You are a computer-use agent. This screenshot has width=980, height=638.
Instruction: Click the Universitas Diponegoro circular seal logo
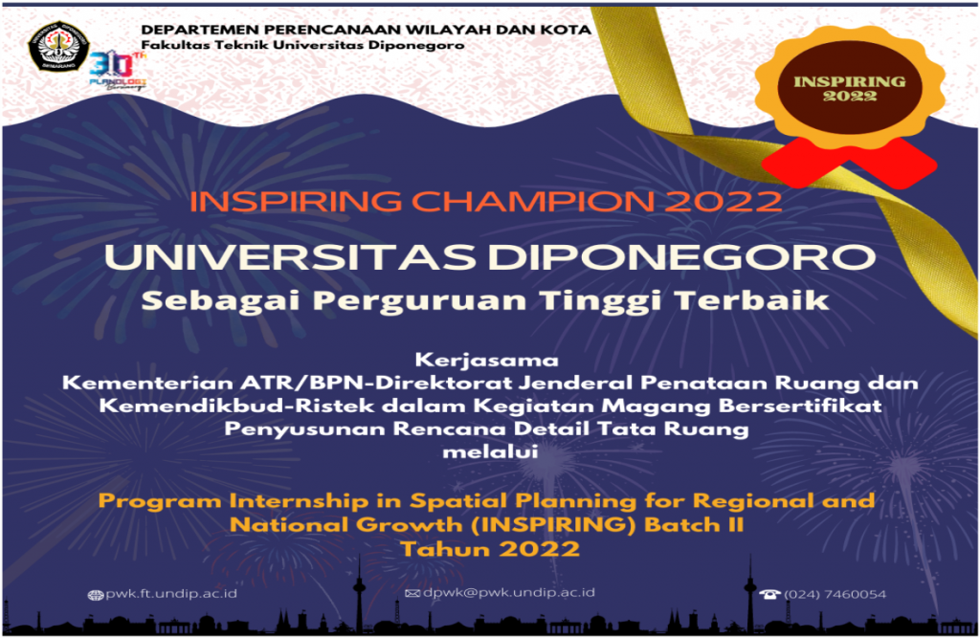[x=57, y=46]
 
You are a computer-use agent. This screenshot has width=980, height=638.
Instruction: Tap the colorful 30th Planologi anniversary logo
[x=118, y=71]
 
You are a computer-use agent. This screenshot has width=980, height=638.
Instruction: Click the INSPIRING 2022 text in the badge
[x=850, y=89]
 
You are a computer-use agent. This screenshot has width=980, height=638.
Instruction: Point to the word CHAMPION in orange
[x=532, y=201]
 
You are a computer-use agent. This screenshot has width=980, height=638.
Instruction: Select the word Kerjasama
[x=486, y=361]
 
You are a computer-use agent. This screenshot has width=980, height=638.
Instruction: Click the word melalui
[x=490, y=451]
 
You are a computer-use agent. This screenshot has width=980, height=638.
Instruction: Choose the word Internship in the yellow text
[x=299, y=501]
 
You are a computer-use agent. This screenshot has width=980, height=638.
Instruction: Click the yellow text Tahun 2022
[x=490, y=549]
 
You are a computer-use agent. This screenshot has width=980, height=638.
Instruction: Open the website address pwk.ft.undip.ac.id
[x=171, y=594]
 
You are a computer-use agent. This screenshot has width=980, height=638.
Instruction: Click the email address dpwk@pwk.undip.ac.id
[x=509, y=592]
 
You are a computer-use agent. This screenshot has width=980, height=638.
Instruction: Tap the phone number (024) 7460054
[x=835, y=594]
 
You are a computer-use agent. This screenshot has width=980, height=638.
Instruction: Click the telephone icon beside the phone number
[x=770, y=594]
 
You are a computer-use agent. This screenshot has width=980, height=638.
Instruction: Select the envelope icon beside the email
[x=412, y=593]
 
